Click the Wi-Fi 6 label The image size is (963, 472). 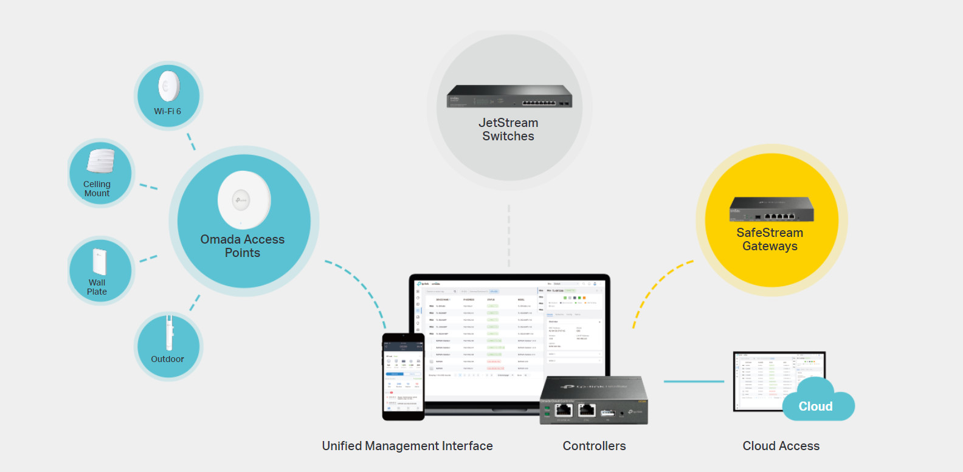click(167, 111)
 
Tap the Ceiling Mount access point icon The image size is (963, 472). click(101, 161)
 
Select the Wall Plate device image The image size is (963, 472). click(99, 261)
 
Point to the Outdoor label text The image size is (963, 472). click(167, 359)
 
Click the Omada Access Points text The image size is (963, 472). click(243, 246)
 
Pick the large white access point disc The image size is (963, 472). click(244, 200)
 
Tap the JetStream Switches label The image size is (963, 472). click(508, 129)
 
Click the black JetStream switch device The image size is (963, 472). click(509, 97)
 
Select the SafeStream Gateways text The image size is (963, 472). click(770, 239)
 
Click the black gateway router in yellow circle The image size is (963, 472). click(771, 209)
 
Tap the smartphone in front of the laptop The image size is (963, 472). click(403, 377)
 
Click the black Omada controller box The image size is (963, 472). click(593, 400)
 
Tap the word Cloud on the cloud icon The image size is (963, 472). click(815, 406)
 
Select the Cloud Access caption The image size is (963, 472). click(781, 446)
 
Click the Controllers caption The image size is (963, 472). click(594, 446)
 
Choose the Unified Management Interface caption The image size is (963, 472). click(407, 446)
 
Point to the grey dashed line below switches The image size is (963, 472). click(509, 237)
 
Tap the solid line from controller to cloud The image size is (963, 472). click(693, 381)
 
